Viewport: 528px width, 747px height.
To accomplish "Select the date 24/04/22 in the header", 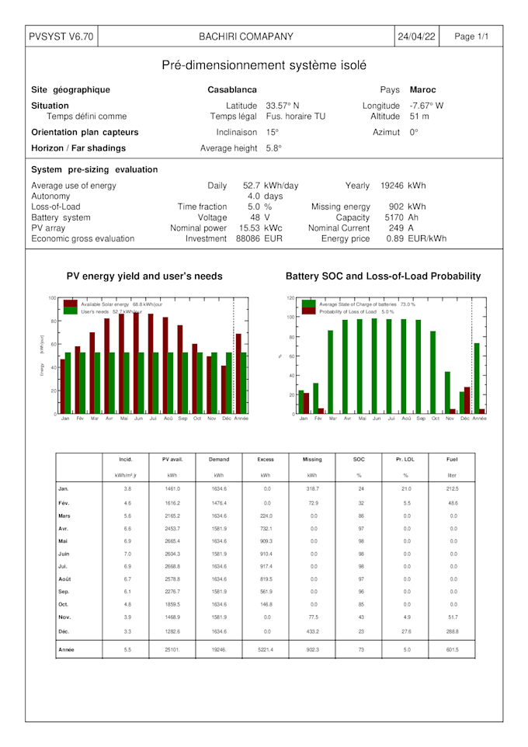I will click(417, 36).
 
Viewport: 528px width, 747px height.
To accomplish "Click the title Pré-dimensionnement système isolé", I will click(264, 65).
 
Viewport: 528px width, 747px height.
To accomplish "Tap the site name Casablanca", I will click(232, 90).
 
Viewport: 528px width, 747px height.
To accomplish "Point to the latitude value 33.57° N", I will click(283, 106).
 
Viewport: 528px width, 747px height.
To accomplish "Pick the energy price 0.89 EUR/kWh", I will click(416, 239).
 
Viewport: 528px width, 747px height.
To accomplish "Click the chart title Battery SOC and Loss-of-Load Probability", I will click(383, 276).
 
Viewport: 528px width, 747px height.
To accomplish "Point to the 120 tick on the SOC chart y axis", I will click(290, 298).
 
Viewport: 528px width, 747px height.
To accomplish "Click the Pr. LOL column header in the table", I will click(405, 460).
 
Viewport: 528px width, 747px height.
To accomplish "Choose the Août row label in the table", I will click(65, 579).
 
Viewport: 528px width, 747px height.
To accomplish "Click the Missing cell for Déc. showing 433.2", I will click(311, 631).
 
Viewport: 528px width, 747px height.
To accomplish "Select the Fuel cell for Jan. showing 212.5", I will click(452, 489).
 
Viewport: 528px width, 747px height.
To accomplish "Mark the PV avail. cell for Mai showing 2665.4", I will click(172, 540).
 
